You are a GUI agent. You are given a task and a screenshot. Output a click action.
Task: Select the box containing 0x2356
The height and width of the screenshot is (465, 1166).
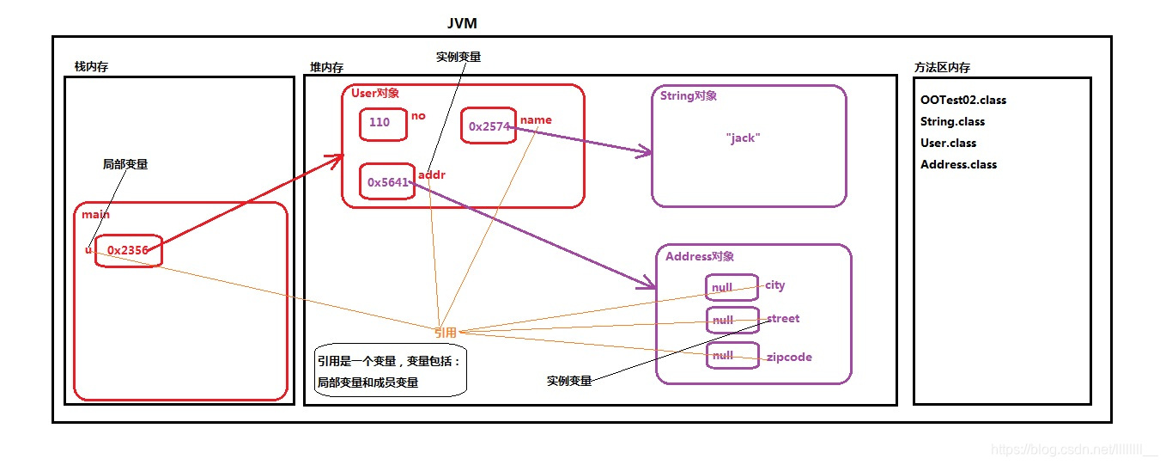pos(128,250)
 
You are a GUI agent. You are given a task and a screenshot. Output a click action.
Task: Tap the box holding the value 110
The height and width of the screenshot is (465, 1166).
pos(382,123)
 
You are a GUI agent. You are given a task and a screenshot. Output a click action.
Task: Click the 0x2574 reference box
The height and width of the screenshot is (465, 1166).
pos(489,126)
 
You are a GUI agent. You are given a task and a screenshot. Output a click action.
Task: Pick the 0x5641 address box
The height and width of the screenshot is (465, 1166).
pos(387,181)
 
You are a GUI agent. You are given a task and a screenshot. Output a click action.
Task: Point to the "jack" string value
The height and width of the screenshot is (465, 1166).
pos(743,138)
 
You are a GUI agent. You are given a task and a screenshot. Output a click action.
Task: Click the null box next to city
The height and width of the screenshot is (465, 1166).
pos(732,287)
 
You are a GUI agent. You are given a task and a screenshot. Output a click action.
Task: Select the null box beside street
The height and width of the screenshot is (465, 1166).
pos(732,321)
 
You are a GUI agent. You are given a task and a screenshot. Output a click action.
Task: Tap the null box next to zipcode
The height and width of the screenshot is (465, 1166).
pos(732,355)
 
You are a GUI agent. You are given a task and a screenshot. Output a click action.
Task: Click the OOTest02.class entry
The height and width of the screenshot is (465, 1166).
pos(963,100)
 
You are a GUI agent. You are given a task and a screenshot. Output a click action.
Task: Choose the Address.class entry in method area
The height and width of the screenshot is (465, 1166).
pos(958,164)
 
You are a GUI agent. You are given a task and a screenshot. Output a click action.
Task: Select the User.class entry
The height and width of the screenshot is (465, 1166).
pos(948,143)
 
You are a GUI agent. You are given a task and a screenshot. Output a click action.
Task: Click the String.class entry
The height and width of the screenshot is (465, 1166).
pos(952,121)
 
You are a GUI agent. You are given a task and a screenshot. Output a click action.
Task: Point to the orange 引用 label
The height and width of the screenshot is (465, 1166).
pos(446,332)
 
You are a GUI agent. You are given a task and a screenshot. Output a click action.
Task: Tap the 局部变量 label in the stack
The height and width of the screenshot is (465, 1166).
pos(124,163)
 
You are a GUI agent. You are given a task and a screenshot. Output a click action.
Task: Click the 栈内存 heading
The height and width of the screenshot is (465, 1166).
pos(91,66)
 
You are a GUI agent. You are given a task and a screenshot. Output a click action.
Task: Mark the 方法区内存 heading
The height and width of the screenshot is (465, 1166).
pos(942,67)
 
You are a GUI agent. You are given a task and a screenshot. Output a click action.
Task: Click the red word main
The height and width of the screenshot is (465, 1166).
pos(96,214)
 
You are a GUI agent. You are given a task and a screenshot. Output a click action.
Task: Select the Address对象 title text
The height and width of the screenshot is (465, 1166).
pos(700,256)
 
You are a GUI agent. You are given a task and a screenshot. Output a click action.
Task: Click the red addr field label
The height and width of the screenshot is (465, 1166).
pos(431,174)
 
